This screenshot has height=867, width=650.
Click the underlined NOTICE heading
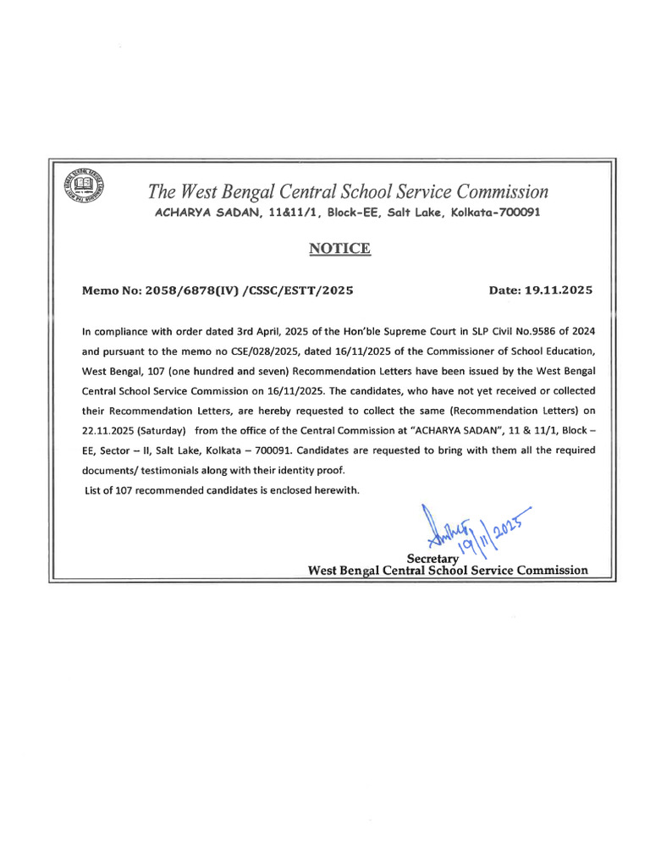click(x=339, y=248)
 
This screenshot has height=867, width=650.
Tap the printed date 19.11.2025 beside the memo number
click(x=559, y=290)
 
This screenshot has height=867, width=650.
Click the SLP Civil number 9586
click(x=515, y=333)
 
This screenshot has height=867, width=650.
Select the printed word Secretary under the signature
click(x=432, y=559)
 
